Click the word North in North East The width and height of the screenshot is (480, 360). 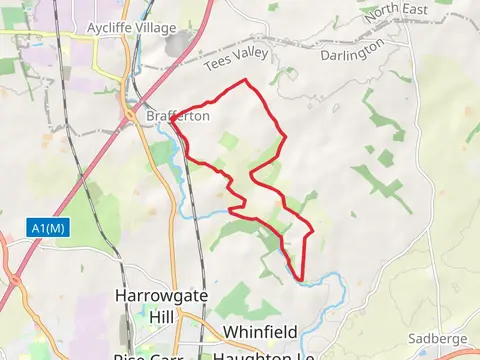(x=381, y=14)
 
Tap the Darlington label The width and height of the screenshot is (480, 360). (x=352, y=50)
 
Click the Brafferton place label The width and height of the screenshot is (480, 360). (x=178, y=116)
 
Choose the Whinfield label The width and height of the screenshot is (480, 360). (x=261, y=331)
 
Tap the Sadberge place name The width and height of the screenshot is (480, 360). (x=438, y=339)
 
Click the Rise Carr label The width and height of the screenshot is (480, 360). (x=146, y=355)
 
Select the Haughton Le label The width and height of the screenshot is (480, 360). (x=264, y=355)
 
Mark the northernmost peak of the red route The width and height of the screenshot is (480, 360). (x=246, y=80)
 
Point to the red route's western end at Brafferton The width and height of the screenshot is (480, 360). (x=172, y=122)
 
